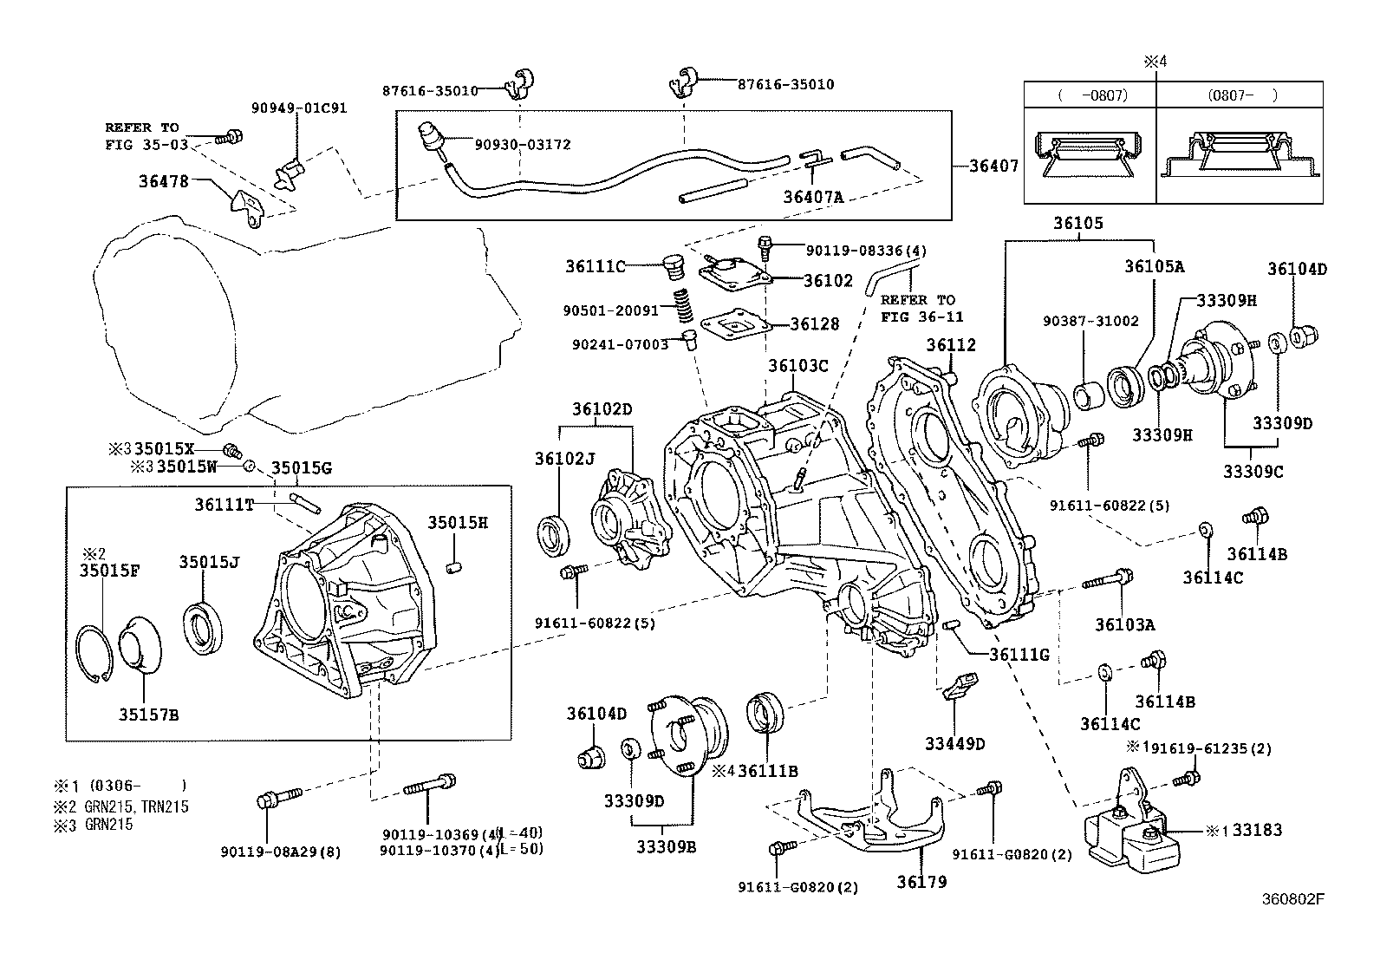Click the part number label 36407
pos(993,166)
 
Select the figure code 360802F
pos(1292,898)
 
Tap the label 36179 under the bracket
pos(921,882)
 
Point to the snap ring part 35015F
pos(94,654)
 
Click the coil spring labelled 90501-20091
pos(682,306)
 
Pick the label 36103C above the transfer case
pos(797,366)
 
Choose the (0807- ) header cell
pos(1239,95)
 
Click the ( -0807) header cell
pos(1090,95)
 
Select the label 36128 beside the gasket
pos(815,324)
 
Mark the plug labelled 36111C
pos(674,267)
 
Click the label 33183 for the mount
pos(1257,830)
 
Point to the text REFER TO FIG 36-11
pos(921,308)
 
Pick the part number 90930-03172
pos(523,145)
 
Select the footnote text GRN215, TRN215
pos(136,806)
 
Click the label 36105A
pos(1154,266)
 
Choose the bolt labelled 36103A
pos(1107,579)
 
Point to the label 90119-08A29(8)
pos(281,852)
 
